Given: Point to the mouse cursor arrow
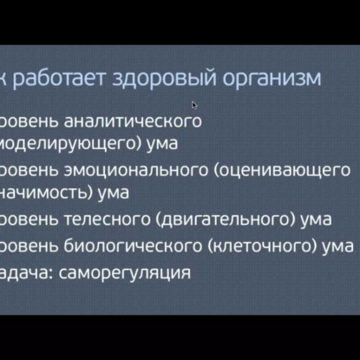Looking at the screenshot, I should click(x=194, y=104).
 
